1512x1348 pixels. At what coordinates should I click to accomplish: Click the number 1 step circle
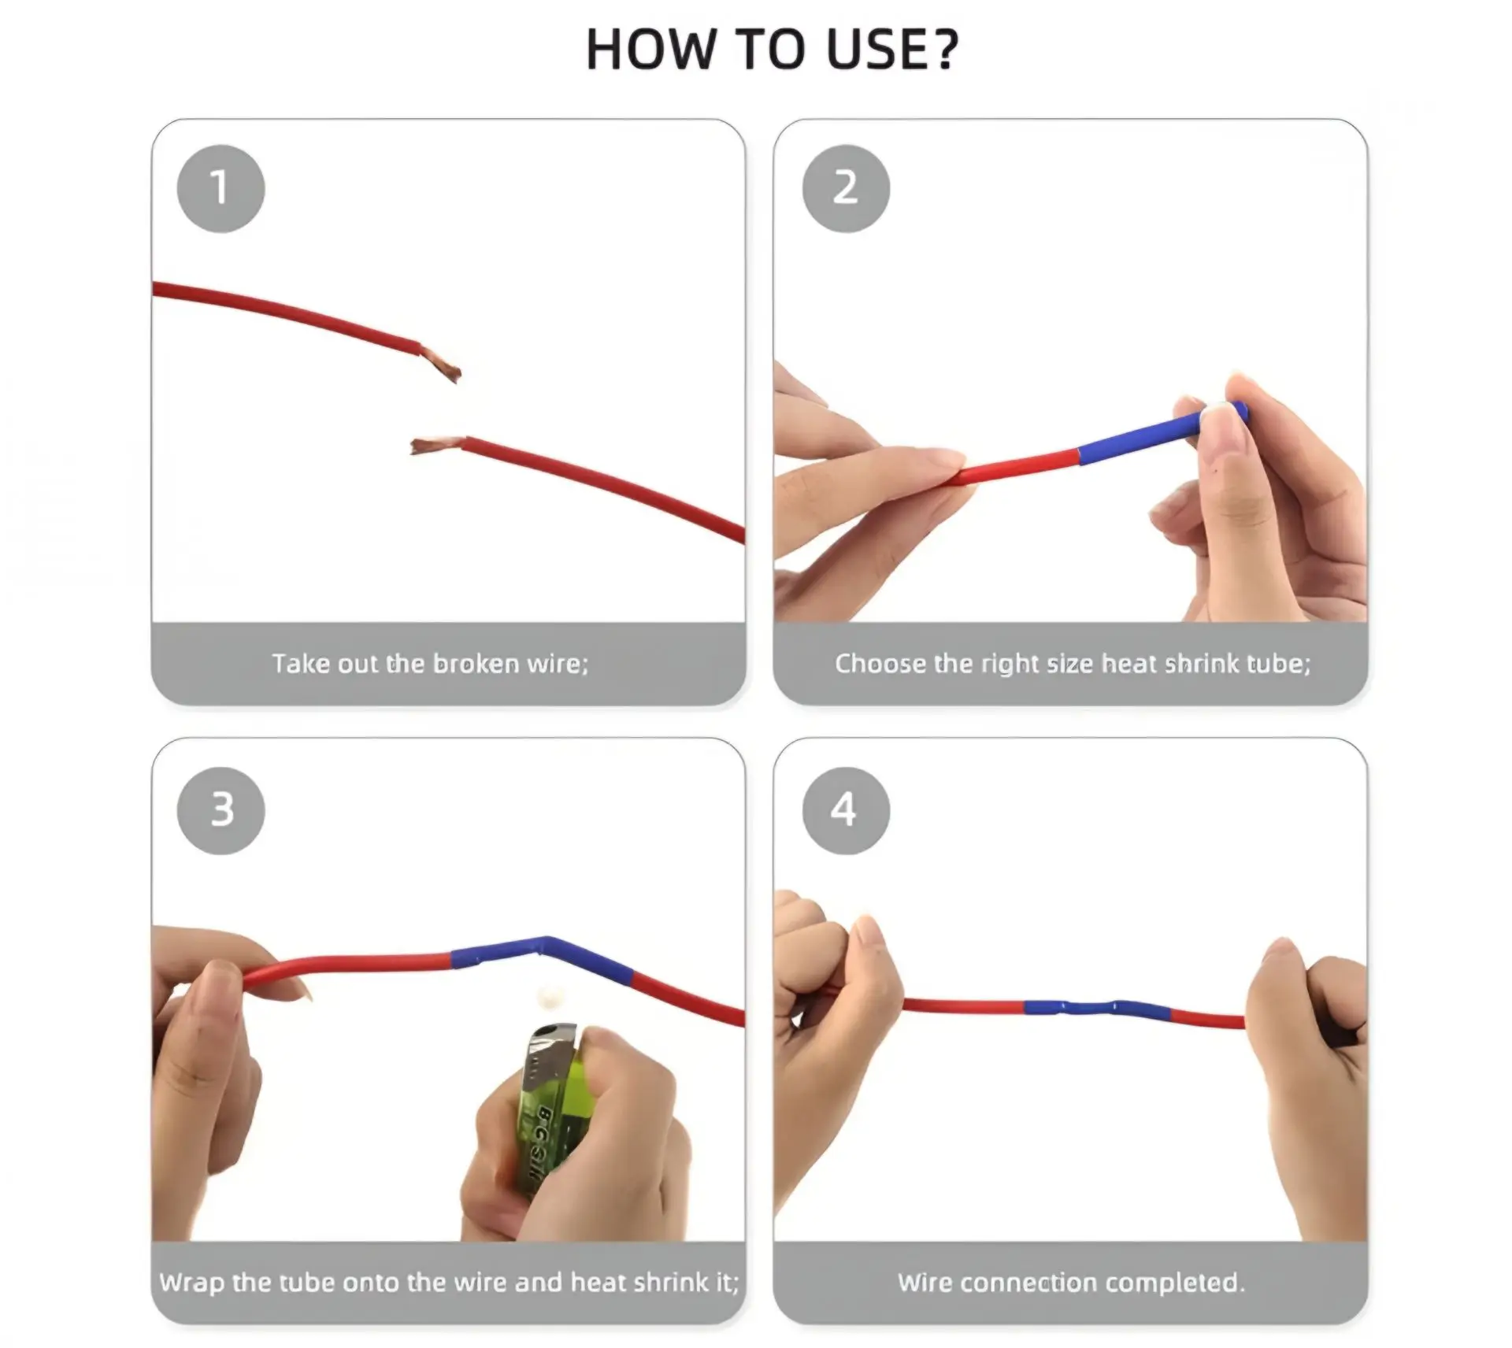point(220,188)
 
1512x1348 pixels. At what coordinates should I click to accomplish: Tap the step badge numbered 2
point(846,188)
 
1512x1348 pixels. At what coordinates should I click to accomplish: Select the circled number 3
point(220,810)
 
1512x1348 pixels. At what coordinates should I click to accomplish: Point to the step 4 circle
point(846,810)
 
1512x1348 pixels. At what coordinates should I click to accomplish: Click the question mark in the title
point(942,50)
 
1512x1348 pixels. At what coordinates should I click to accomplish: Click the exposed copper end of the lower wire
point(435,446)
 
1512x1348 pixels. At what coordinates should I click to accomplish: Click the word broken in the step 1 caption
point(476,664)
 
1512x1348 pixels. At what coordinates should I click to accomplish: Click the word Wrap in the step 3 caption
point(192,1283)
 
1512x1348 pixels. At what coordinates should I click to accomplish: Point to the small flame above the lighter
point(547,998)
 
